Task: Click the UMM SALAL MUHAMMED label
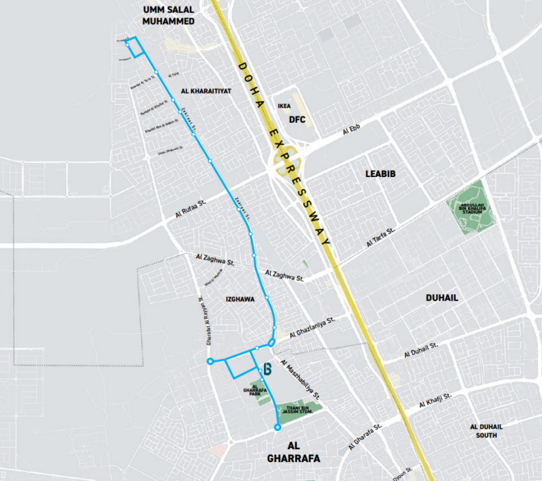click(x=168, y=15)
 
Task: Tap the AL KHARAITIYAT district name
click(x=206, y=91)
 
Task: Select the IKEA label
click(x=284, y=106)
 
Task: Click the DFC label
click(x=297, y=119)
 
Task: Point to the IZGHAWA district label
click(x=240, y=299)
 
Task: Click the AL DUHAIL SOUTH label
click(x=487, y=431)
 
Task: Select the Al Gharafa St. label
click(x=365, y=436)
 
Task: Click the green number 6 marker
click(x=267, y=367)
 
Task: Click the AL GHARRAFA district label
click(x=294, y=452)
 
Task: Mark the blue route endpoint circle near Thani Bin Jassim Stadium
click(x=277, y=427)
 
